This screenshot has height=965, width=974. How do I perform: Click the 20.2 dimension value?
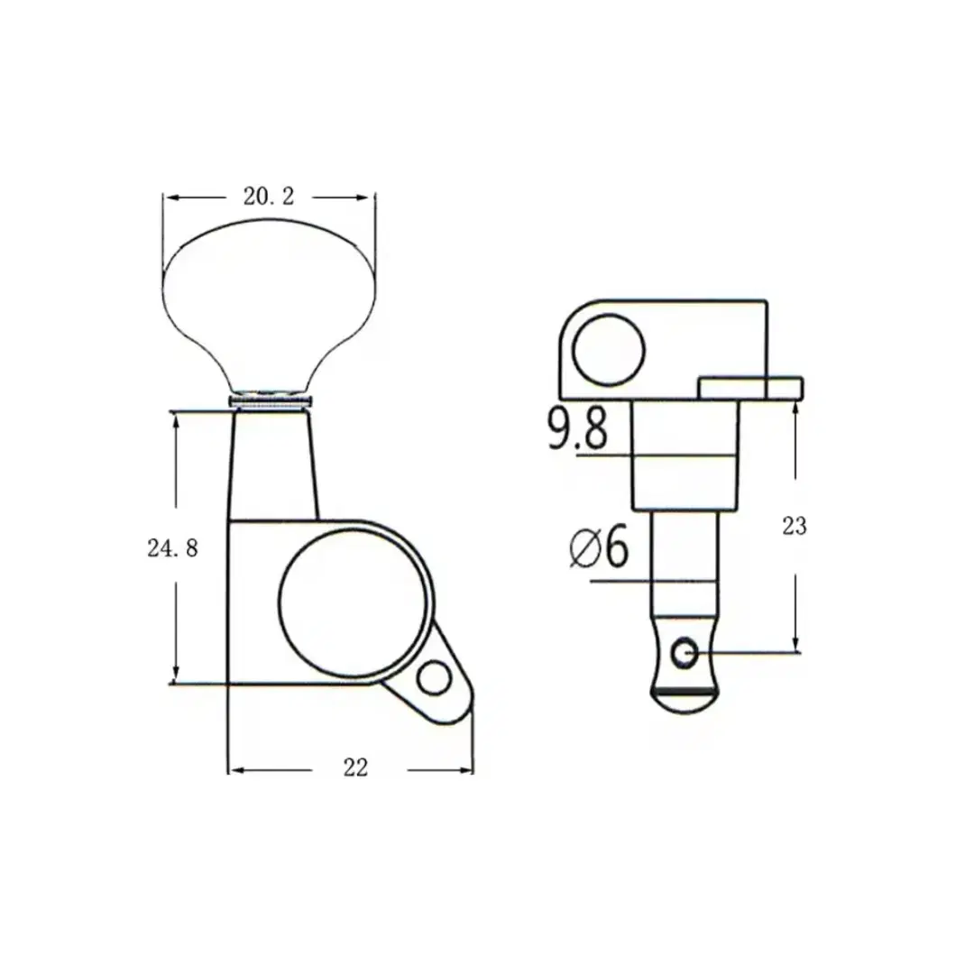pyautogui.click(x=269, y=197)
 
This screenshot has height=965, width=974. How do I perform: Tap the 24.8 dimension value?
pyautogui.click(x=172, y=548)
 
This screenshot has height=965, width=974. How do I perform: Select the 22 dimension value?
pyautogui.click(x=356, y=768)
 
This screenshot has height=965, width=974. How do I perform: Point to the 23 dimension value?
pyautogui.click(x=795, y=527)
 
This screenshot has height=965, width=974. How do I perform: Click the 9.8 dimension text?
pyautogui.click(x=577, y=428)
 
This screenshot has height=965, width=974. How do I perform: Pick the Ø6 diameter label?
pyautogui.click(x=599, y=547)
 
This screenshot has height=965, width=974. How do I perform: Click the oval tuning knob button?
pyautogui.click(x=269, y=305)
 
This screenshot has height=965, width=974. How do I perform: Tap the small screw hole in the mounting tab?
pyautogui.click(x=434, y=678)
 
